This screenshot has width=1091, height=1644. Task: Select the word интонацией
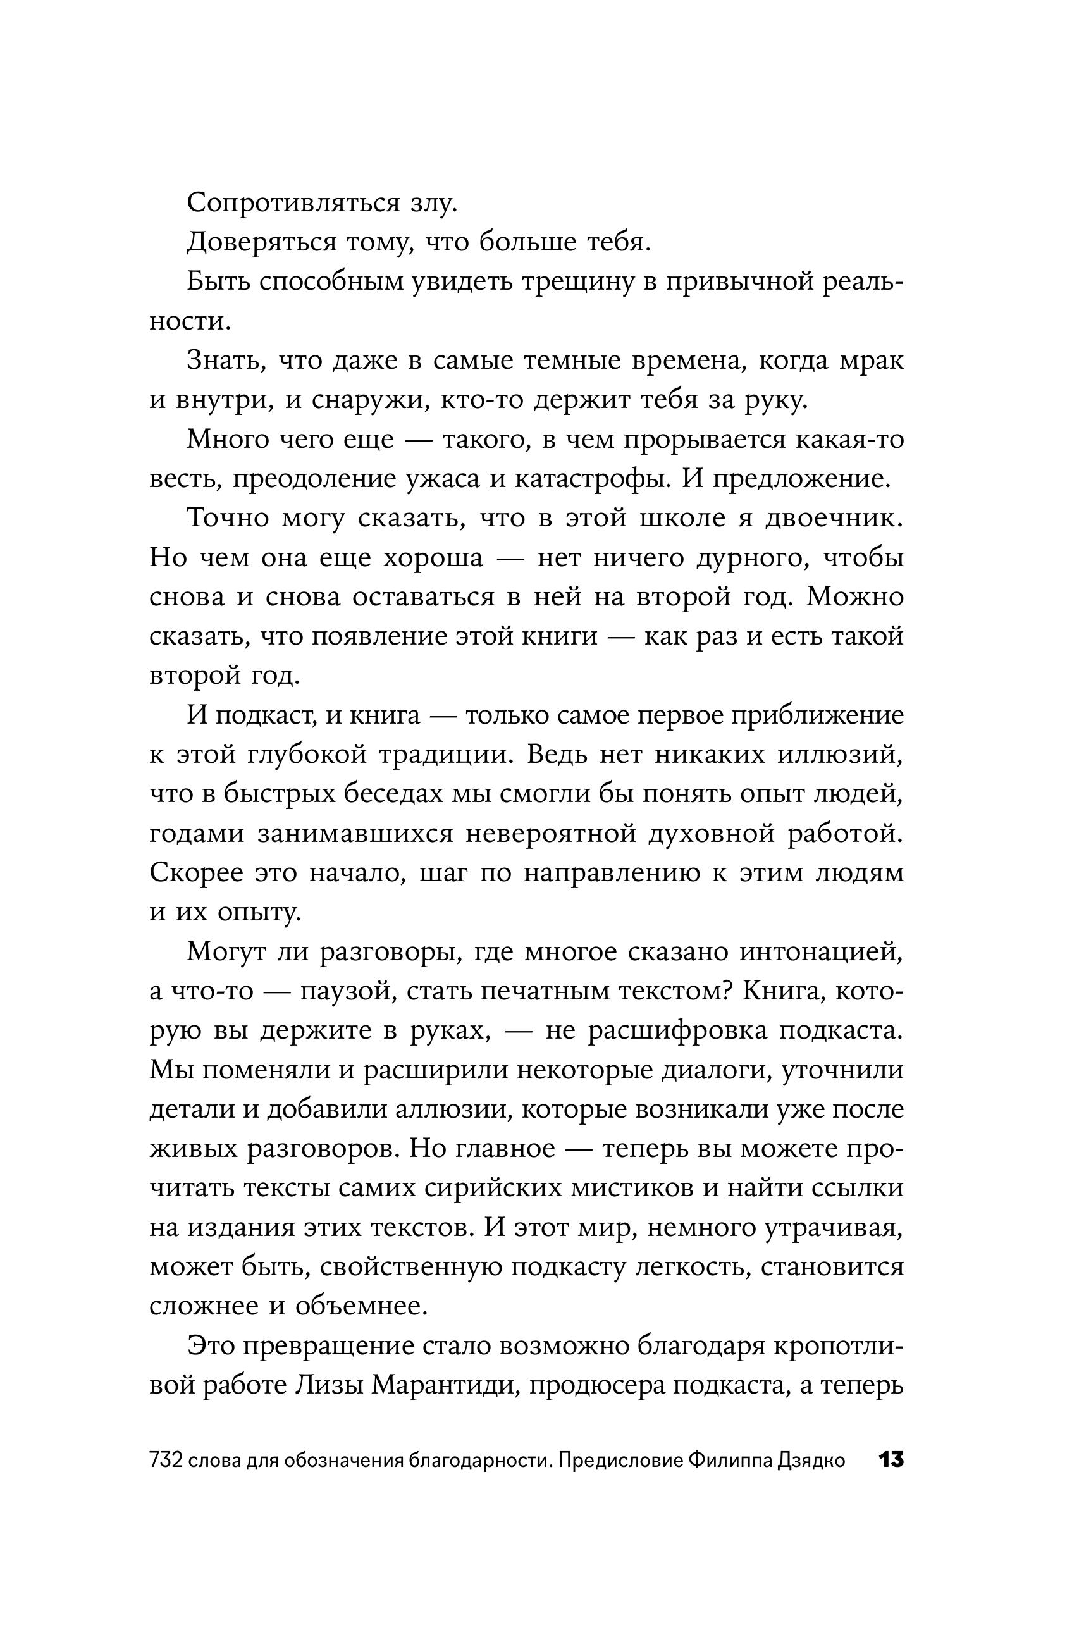point(821,952)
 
